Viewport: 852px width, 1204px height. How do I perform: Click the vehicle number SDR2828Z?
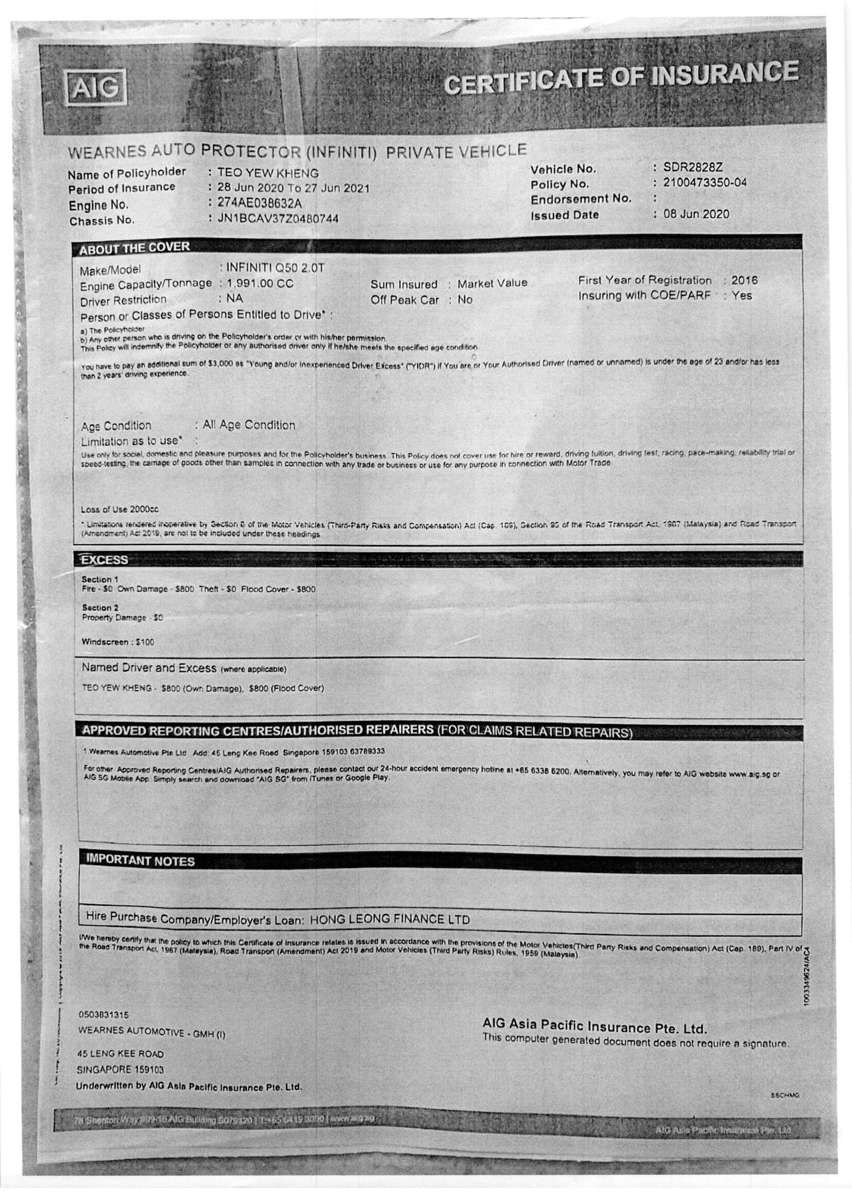pos(693,167)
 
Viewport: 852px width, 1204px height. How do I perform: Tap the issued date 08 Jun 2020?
pos(696,214)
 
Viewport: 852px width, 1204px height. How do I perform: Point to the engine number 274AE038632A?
pos(260,203)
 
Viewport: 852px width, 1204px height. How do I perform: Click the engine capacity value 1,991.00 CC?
pos(260,284)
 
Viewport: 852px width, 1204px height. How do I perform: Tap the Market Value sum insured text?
pos(492,283)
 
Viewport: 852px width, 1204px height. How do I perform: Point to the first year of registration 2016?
pos(744,280)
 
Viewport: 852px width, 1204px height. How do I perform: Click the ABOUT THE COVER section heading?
pos(134,248)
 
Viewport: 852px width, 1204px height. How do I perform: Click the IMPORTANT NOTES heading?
pos(140,861)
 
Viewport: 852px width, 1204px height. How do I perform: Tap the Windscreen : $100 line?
pos(117,642)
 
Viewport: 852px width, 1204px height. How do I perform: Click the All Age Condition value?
pos(249,425)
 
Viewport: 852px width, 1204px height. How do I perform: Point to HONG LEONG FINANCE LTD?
pos(390,919)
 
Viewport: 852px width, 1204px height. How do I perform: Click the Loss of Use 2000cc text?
pos(120,509)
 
